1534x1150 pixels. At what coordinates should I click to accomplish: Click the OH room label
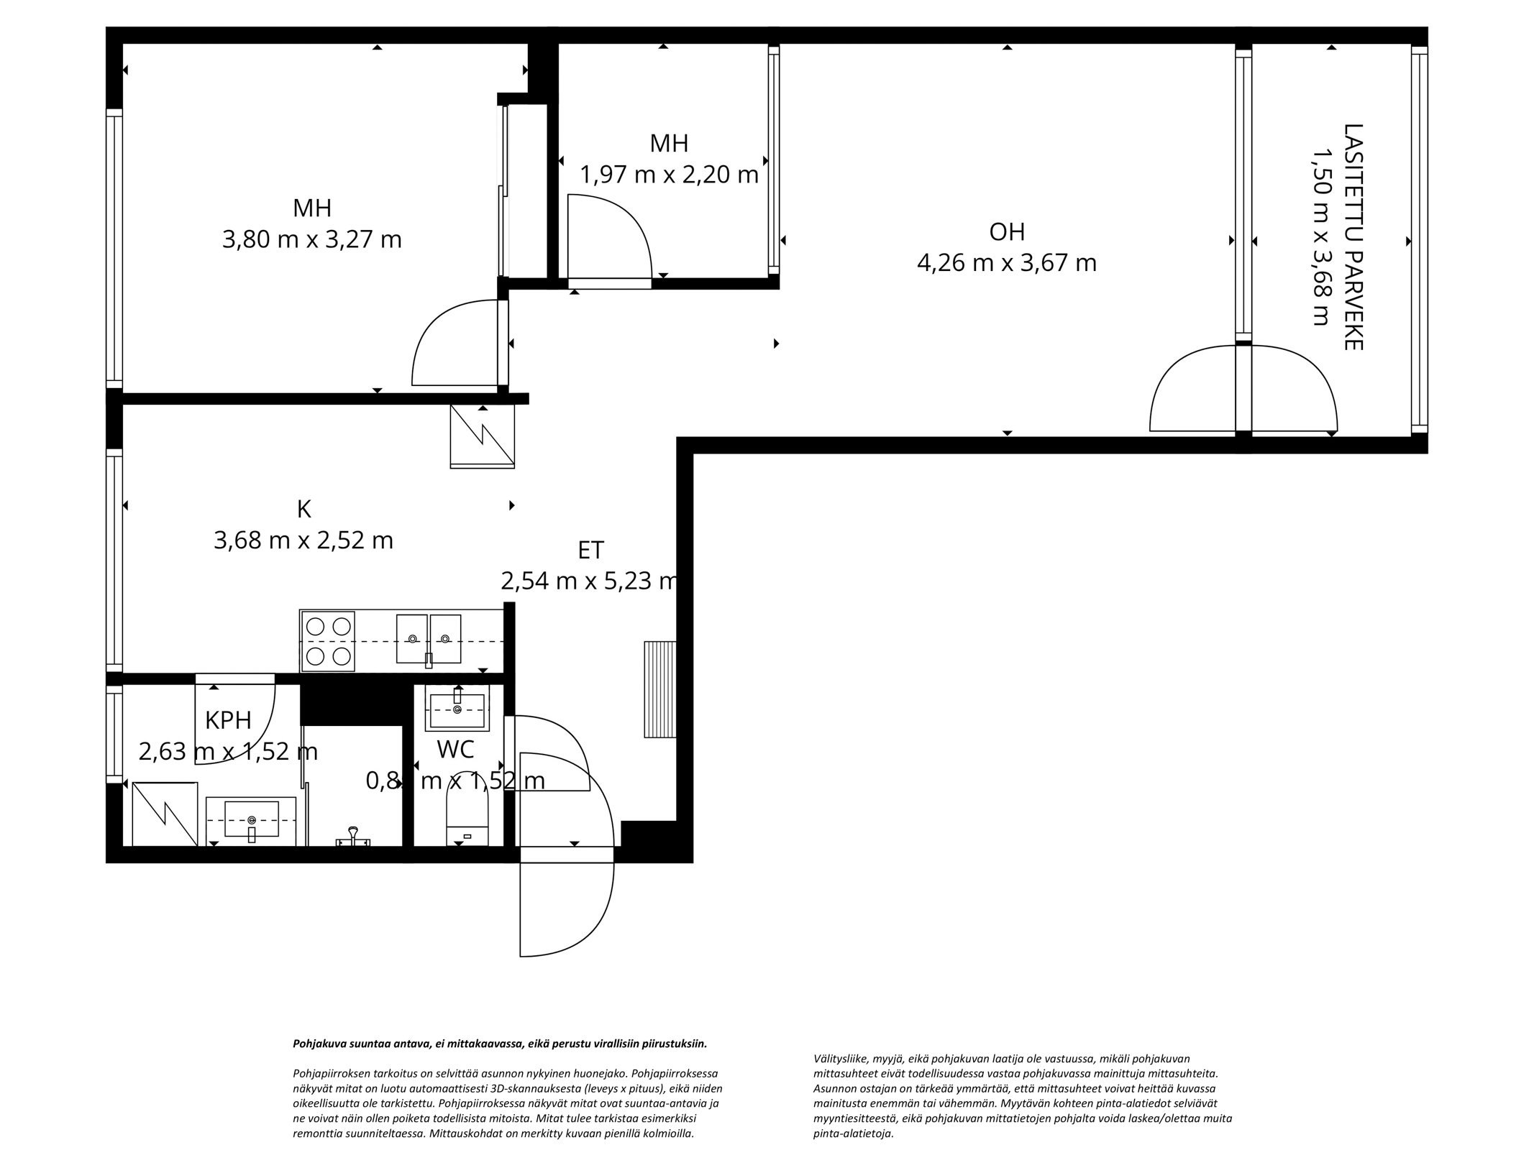click(x=1006, y=232)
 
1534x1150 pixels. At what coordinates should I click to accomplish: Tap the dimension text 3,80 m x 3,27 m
click(x=311, y=239)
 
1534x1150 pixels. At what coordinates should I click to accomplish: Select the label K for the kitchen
click(x=303, y=510)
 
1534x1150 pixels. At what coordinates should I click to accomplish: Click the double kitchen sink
click(x=429, y=638)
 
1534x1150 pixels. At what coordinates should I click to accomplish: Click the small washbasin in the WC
click(x=457, y=707)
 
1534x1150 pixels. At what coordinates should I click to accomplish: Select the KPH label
click(x=228, y=720)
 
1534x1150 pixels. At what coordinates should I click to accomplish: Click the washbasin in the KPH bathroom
click(x=251, y=820)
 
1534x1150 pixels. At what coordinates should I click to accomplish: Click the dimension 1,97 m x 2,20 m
click(x=669, y=175)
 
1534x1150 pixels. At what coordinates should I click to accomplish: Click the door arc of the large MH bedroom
click(x=455, y=344)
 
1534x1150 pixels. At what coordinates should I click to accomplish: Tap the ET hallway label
click(x=590, y=551)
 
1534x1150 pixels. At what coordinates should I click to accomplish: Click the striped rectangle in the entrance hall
click(x=659, y=689)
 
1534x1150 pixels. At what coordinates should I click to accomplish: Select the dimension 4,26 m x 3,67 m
click(x=1006, y=263)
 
